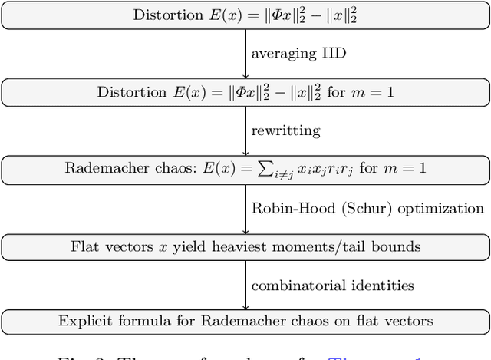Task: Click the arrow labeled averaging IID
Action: tap(245, 54)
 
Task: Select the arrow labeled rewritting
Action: tap(245, 130)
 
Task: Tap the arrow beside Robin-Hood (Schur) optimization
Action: tap(245, 208)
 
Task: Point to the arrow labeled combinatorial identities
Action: tap(245, 285)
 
